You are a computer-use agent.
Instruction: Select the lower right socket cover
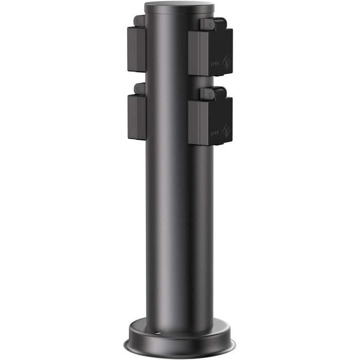tap(211, 121)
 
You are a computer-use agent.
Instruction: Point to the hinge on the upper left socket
tap(139, 21)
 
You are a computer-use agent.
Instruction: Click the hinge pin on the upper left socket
tap(137, 20)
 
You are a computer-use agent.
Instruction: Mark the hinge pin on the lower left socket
tap(137, 88)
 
